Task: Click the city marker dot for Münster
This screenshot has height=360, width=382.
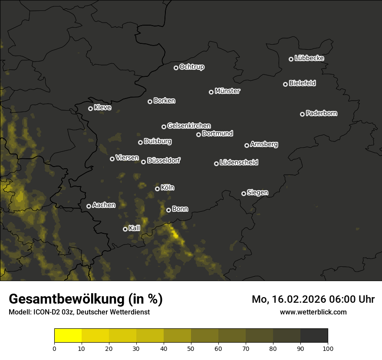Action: (211, 92)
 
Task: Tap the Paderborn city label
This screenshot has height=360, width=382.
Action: (322, 113)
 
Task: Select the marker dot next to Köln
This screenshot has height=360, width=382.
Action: (157, 189)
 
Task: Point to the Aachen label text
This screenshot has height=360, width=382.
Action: (104, 205)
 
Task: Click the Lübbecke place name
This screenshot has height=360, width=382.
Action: (309, 58)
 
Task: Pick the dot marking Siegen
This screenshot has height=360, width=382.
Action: (244, 193)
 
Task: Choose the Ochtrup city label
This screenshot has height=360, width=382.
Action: (191, 67)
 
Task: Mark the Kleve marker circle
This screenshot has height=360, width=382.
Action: (90, 108)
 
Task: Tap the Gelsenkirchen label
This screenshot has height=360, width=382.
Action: (189, 126)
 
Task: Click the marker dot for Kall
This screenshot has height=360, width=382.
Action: (125, 229)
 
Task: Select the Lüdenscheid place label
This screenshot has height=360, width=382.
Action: (239, 163)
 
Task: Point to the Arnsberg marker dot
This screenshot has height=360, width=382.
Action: (247, 145)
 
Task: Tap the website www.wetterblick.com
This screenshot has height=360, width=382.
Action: (313, 312)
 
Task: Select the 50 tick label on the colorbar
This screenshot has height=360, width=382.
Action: (191, 348)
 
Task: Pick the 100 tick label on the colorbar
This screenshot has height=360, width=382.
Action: (328, 348)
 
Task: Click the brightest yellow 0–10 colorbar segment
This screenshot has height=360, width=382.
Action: (68, 336)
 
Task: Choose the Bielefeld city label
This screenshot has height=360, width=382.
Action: (302, 83)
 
